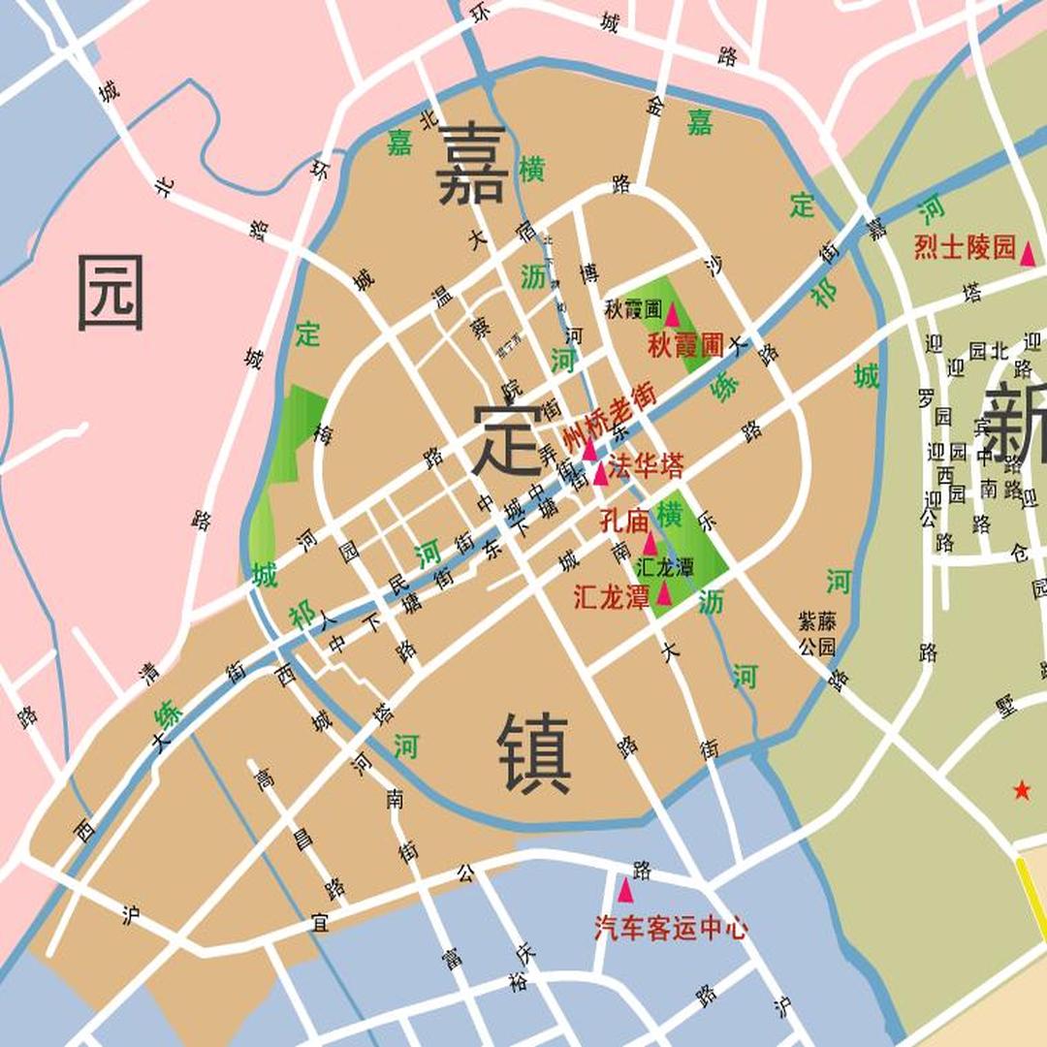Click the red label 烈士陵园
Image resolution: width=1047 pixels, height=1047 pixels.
pos(964,248)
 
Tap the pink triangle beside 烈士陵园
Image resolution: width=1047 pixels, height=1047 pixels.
pos(1028,254)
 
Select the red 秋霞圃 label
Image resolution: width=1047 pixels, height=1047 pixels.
pos(686,344)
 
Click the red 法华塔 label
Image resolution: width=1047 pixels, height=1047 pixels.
pos(647,466)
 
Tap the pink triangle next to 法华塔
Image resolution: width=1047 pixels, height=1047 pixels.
pos(601,473)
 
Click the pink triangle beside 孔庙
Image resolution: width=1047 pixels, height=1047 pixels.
pos(650,543)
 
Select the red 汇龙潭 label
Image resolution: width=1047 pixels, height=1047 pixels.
pos(611,597)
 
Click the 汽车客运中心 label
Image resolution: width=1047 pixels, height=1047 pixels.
pos(671,929)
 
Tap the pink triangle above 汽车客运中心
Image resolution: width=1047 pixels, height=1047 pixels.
pos(625,889)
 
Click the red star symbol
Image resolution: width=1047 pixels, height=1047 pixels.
pos(1022,791)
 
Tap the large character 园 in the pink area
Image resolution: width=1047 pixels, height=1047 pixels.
pos(111,292)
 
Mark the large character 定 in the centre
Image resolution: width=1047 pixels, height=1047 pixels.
pos(507,439)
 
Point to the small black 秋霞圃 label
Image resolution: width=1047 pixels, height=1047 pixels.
pos(632,311)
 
